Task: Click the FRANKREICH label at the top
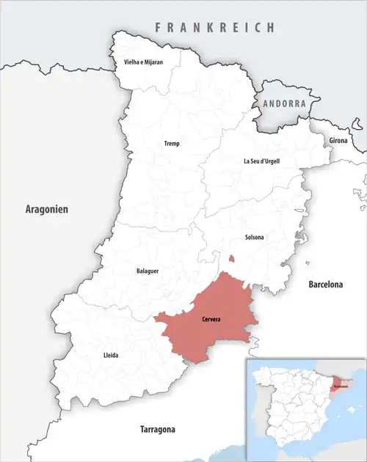tap(214, 27)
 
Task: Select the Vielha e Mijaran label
tap(142, 63)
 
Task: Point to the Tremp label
tap(171, 144)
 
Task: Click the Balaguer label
tap(148, 271)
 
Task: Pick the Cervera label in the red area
tap(211, 320)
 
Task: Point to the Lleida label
tap(110, 356)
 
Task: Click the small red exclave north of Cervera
tap(231, 258)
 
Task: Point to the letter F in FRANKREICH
tap(157, 27)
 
